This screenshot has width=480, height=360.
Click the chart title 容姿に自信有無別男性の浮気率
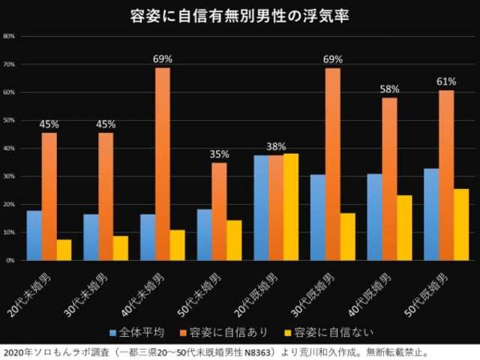240,15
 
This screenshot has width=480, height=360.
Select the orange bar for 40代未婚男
163,163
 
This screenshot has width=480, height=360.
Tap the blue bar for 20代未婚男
34,235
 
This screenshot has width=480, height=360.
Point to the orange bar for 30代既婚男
332,163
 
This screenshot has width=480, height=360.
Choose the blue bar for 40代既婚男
374,217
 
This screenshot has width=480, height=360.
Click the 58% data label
389,89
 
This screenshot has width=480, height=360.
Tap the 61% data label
446,81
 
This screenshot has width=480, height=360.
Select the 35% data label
219,154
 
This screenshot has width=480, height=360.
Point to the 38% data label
276,146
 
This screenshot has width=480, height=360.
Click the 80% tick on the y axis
10,36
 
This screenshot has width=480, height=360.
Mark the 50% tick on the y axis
10,120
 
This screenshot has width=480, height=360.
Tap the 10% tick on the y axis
10,232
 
